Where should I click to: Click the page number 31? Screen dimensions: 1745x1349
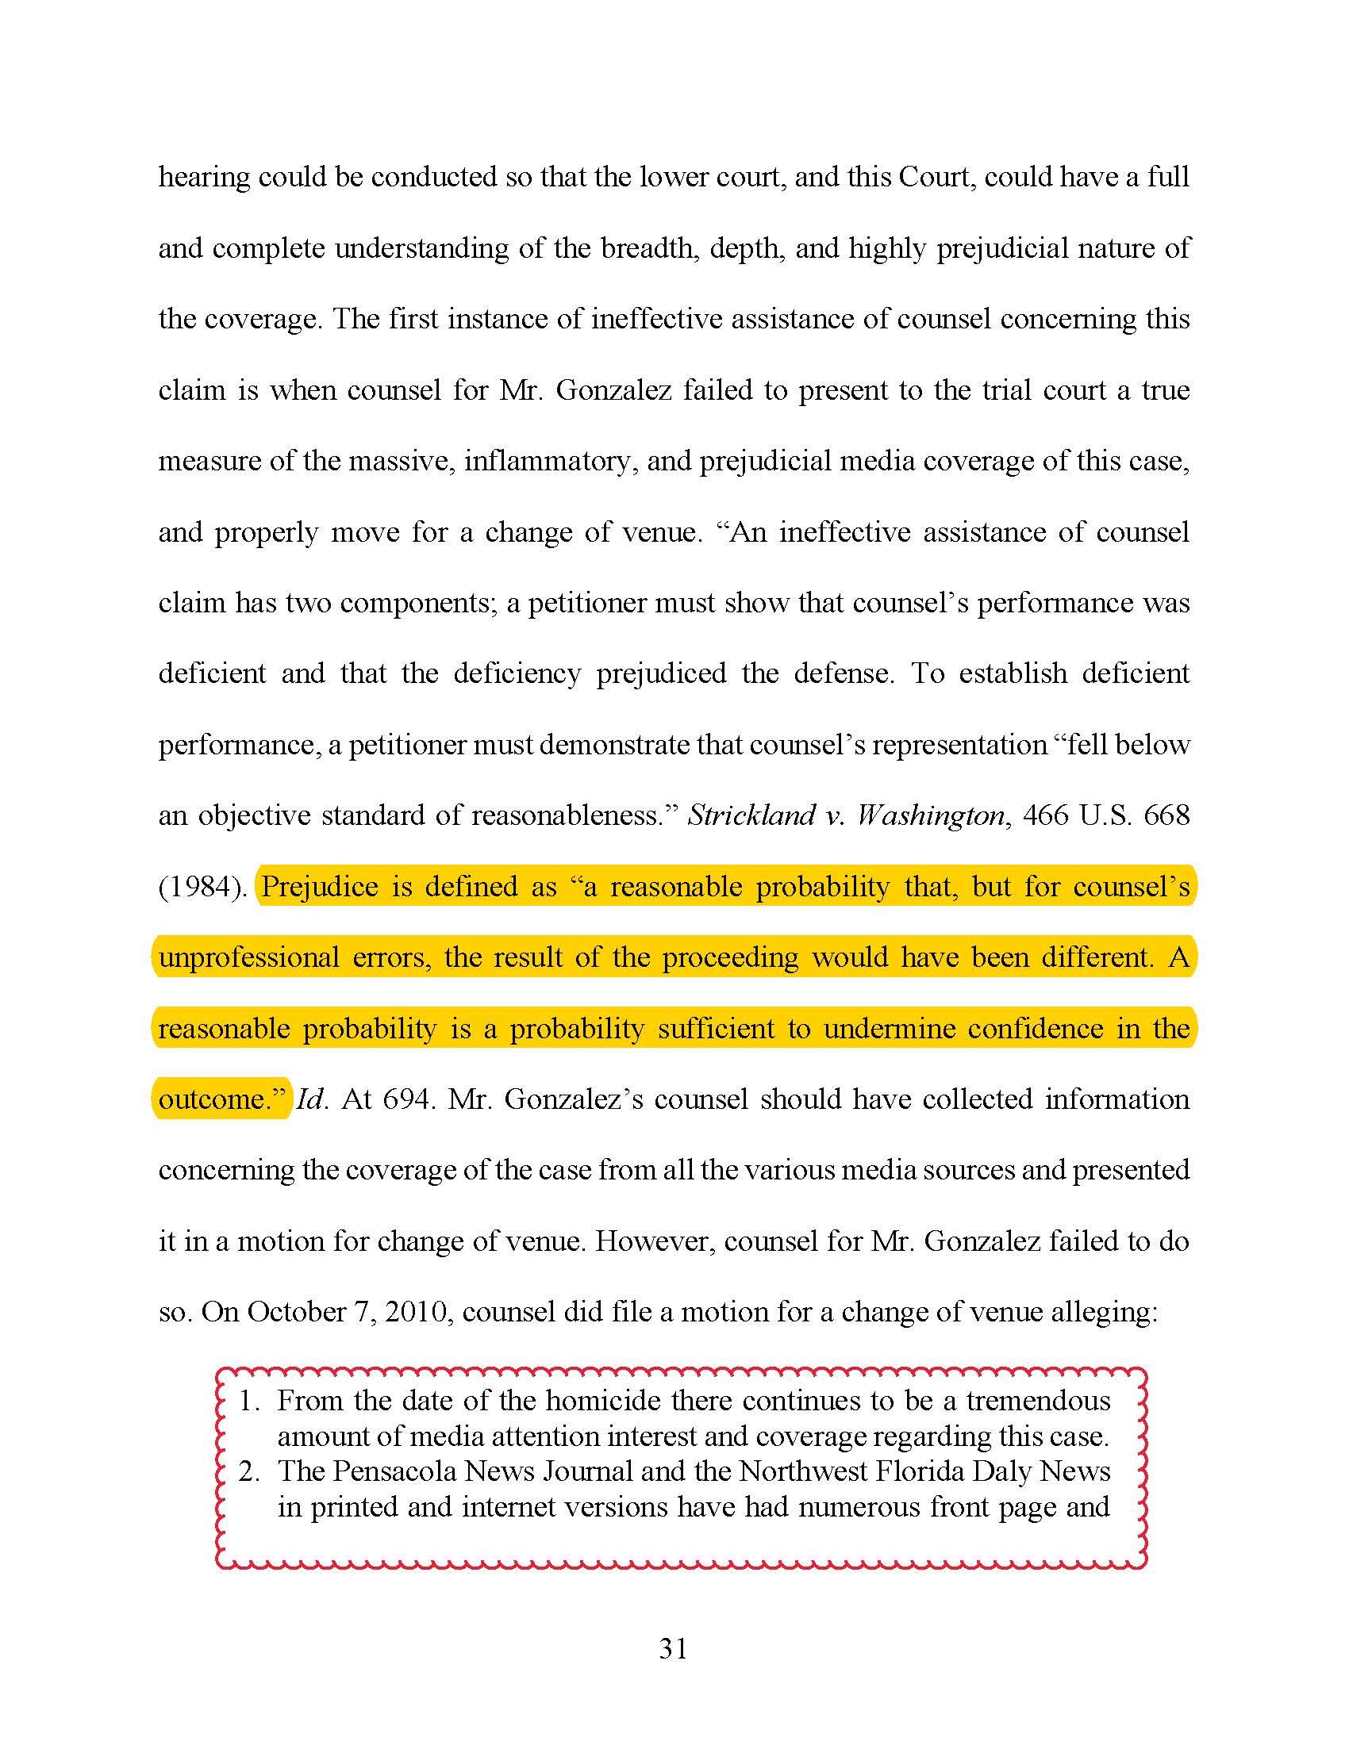[673, 1649]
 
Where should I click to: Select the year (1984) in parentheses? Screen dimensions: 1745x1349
[202, 887]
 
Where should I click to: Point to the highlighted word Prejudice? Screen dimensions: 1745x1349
[320, 887]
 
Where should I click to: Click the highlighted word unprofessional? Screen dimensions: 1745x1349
[248, 957]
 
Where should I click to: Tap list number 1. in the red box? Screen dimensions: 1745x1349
[248, 1401]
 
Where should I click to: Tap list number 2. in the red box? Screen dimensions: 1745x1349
[248, 1471]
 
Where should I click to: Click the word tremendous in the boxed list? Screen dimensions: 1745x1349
[1038, 1401]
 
